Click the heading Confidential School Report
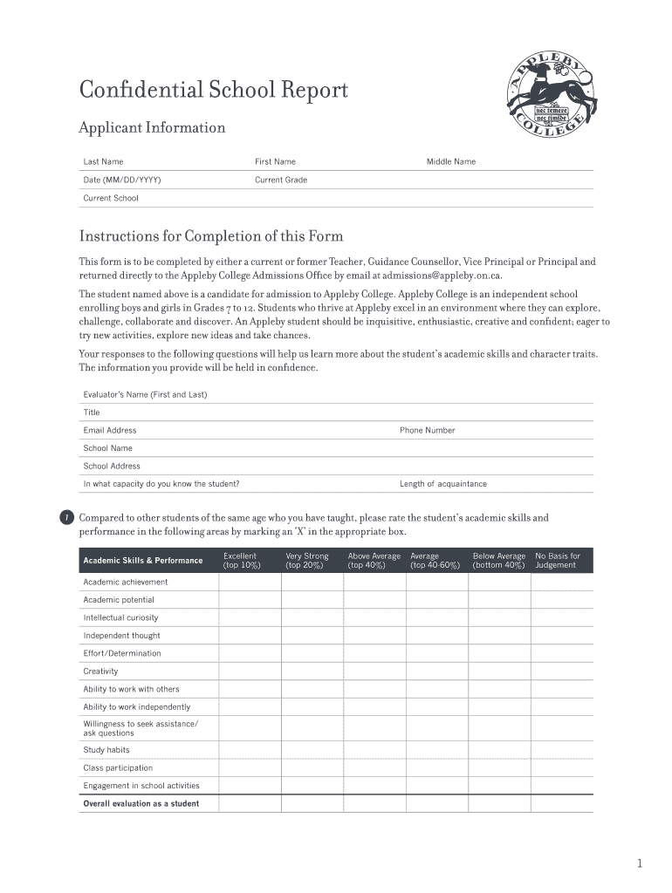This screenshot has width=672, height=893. click(x=213, y=91)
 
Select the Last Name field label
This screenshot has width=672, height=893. click(x=103, y=161)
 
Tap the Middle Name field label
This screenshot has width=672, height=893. click(x=450, y=161)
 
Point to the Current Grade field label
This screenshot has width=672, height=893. click(x=280, y=180)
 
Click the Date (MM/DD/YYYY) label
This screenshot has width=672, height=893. click(x=121, y=180)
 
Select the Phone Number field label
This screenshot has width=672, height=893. click(x=427, y=430)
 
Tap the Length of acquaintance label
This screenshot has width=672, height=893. click(x=442, y=484)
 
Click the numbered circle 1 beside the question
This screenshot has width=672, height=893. click(x=67, y=520)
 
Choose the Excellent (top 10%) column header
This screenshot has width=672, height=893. click(x=241, y=561)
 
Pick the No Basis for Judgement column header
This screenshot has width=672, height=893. click(x=557, y=561)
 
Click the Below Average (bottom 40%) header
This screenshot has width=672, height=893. click(x=498, y=561)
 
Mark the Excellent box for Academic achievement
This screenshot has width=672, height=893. click(x=249, y=583)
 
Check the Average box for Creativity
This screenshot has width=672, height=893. click(x=436, y=671)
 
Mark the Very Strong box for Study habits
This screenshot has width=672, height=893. click(x=312, y=750)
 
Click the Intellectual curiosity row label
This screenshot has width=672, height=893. click(x=120, y=617)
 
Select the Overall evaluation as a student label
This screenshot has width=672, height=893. click(x=141, y=804)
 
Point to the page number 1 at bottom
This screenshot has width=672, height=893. click(x=640, y=864)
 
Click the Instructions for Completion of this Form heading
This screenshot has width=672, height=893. click(x=211, y=236)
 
